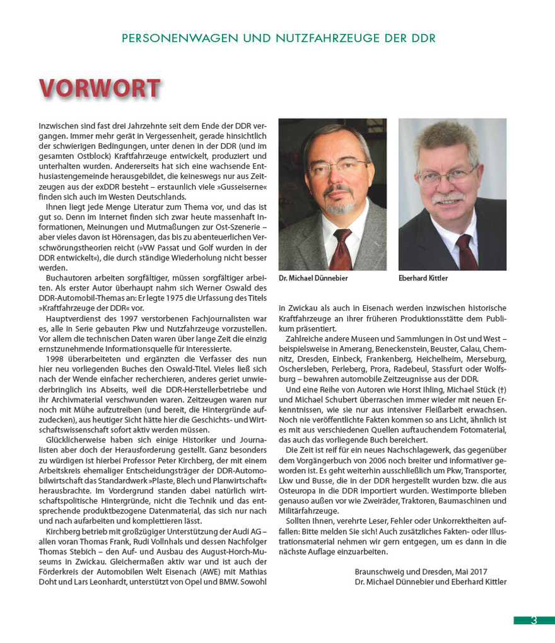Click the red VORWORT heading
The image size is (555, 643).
[x=100, y=88]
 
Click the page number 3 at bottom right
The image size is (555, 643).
[x=534, y=620]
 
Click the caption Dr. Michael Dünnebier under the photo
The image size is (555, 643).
[x=313, y=278]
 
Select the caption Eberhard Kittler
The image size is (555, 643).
[x=424, y=278]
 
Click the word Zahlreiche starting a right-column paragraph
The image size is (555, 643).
[x=304, y=339]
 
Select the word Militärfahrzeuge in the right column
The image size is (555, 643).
[x=308, y=511]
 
